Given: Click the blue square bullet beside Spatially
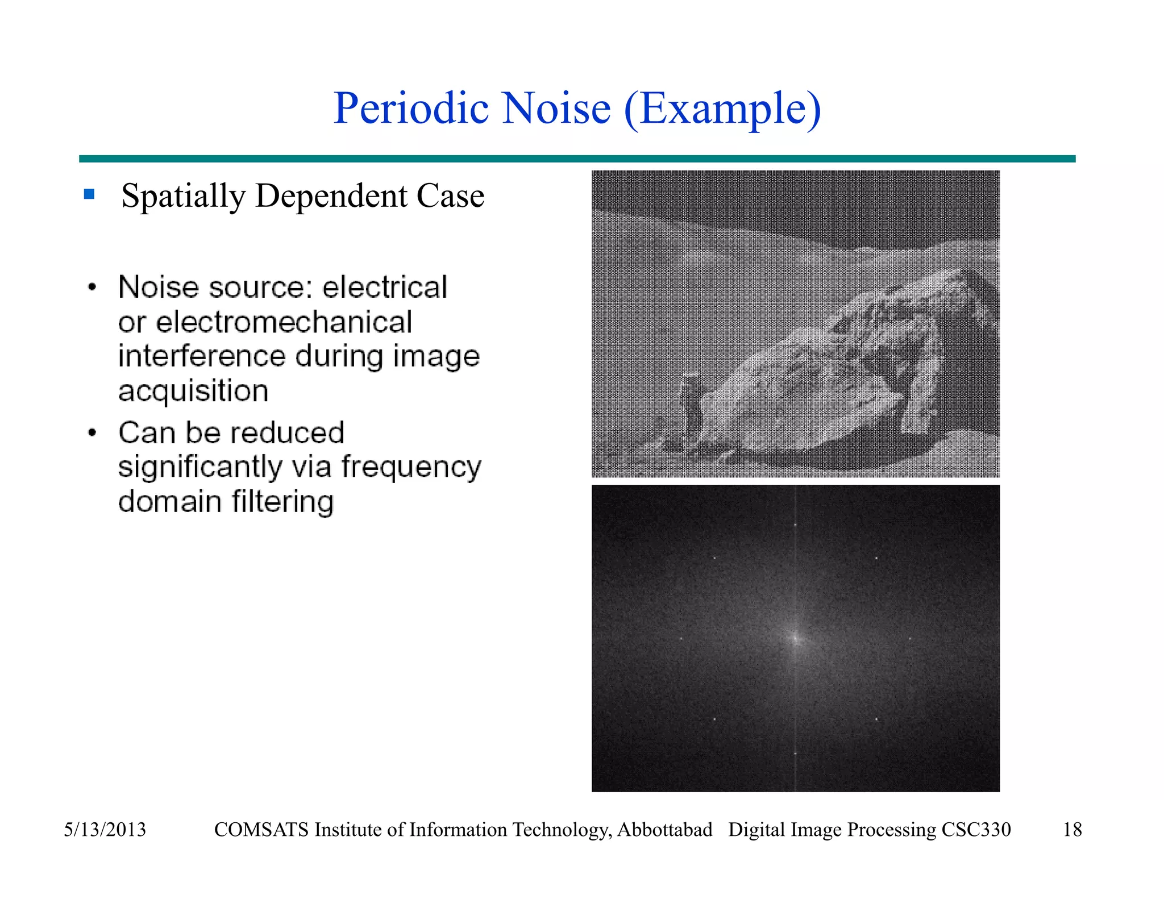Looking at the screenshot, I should [x=89, y=194].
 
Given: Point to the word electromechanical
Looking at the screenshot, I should [x=284, y=322].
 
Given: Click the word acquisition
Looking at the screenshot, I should [x=193, y=391].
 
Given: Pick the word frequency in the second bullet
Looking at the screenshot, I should [x=411, y=468].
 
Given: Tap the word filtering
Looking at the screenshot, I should [x=282, y=502].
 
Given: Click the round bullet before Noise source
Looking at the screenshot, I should [x=92, y=287].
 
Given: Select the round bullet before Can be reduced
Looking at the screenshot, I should [x=92, y=433].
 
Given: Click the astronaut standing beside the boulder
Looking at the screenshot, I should [x=691, y=405].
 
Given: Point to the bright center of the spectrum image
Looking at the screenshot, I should [x=795, y=639].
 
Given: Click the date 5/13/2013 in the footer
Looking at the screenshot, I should [x=105, y=830].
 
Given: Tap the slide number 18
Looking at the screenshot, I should [x=1072, y=830].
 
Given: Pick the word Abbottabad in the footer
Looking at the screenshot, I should [x=664, y=830].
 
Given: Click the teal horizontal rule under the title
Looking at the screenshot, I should [x=577, y=159].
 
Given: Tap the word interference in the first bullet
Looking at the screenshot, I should [x=202, y=356].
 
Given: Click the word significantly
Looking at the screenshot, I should [x=200, y=468].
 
